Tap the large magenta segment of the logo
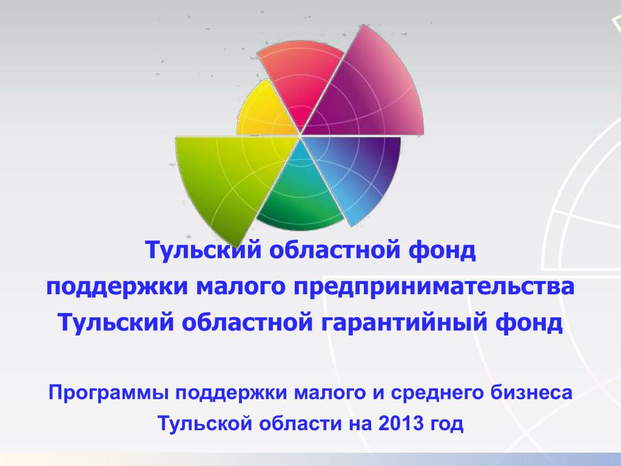(368, 91)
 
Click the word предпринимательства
(434, 287)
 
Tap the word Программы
(109, 393)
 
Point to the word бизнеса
(531, 393)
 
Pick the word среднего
(438, 393)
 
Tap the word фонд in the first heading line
(441, 251)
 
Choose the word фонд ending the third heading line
(529, 323)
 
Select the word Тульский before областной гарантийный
(116, 323)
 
